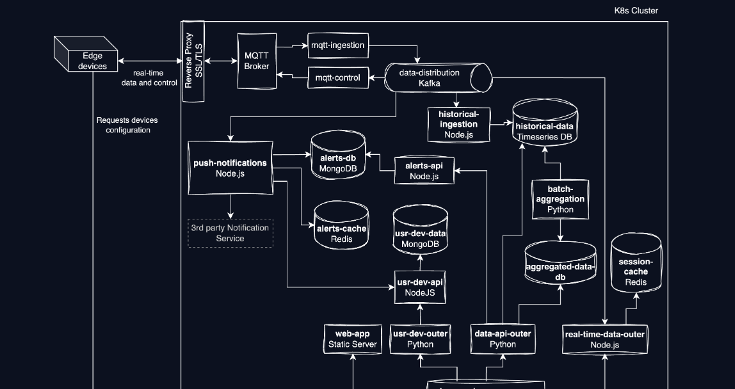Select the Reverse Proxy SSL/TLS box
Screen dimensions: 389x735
[x=193, y=61]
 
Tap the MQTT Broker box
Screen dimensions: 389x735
[x=257, y=61]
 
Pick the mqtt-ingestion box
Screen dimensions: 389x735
[x=338, y=45]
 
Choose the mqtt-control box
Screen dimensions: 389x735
[x=338, y=78]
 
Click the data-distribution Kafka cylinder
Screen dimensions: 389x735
[x=438, y=77]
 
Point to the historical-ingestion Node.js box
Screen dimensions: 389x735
[x=458, y=124]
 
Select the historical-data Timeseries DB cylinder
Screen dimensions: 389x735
[x=545, y=125]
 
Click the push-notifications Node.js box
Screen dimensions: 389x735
[x=230, y=168]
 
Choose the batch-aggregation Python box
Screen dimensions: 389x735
[x=561, y=199]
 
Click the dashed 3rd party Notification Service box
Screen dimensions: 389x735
[x=230, y=233]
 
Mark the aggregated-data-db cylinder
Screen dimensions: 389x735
[x=560, y=264]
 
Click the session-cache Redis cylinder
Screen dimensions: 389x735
[x=636, y=264]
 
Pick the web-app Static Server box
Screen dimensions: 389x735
[x=353, y=339]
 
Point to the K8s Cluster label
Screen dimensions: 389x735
[x=636, y=11]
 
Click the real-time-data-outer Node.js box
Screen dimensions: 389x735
[x=606, y=340]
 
